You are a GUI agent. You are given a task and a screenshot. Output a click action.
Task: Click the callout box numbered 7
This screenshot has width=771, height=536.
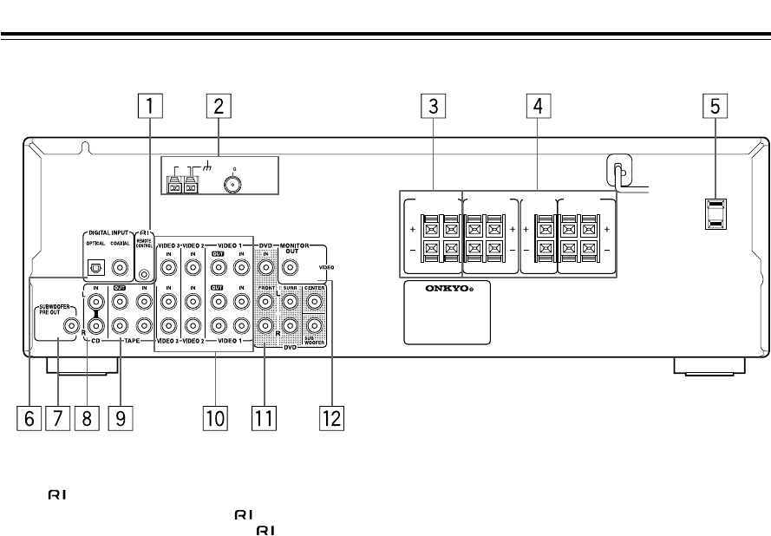pyautogui.click(x=59, y=419)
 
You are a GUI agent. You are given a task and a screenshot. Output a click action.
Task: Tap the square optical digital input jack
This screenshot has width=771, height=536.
pyautogui.click(x=98, y=268)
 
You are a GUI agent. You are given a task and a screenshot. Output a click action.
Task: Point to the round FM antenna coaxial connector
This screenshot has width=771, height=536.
pyautogui.click(x=231, y=184)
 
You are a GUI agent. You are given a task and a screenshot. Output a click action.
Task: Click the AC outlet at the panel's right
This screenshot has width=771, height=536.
pyautogui.click(x=715, y=214)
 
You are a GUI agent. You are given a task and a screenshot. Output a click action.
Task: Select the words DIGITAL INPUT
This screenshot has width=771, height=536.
pyautogui.click(x=106, y=233)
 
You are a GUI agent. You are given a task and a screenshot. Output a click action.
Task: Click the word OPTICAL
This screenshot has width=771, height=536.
pyautogui.click(x=96, y=244)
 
